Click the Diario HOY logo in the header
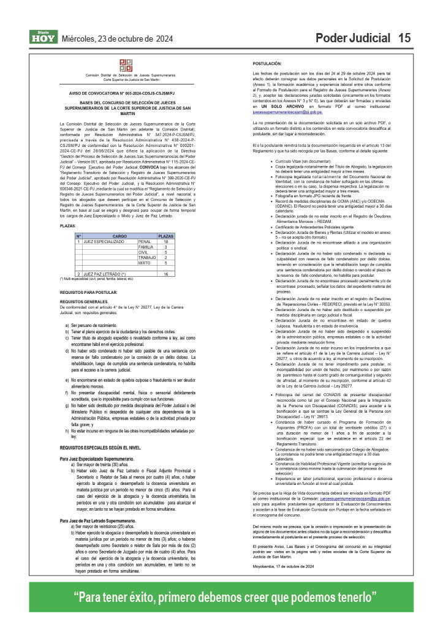(43, 38)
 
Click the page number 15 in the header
(404, 38)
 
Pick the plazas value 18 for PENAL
(166, 241)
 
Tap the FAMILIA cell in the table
(146, 247)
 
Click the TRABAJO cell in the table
(147, 257)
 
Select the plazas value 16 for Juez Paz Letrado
(166, 273)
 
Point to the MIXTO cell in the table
(145, 263)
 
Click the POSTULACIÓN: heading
(267, 63)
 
